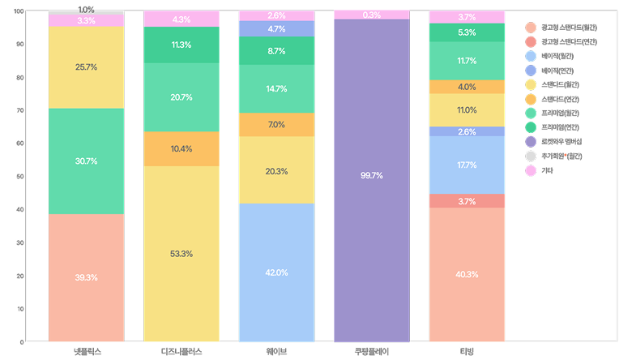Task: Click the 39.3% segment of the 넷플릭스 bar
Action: click(86, 277)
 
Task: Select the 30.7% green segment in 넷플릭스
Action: click(86, 161)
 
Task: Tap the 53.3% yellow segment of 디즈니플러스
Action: click(181, 254)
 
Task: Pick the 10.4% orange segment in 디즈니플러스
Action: click(181, 148)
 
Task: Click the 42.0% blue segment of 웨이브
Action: click(276, 272)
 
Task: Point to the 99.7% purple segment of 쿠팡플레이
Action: click(372, 176)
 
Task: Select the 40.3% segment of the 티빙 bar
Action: click(467, 274)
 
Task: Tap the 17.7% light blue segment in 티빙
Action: click(467, 165)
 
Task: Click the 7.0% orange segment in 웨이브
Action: click(276, 125)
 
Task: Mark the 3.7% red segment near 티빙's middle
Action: click(467, 201)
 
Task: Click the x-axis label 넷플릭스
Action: click(86, 351)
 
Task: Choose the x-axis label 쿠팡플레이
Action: click(372, 351)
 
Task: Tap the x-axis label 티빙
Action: click(467, 351)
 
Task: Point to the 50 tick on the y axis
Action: click(19, 177)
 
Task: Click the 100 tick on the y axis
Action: click(18, 11)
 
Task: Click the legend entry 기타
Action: click(547, 170)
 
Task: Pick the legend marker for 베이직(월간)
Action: click(531, 56)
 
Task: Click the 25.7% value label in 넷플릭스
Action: click(86, 66)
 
